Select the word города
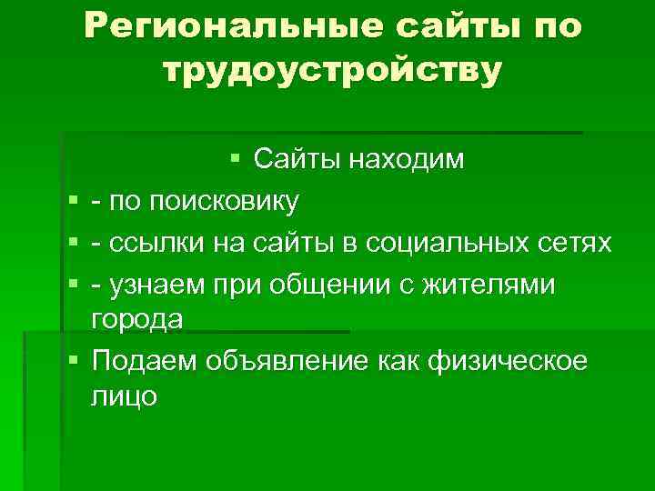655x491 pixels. pyautogui.click(x=137, y=319)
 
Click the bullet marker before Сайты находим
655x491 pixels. pyautogui.click(x=236, y=160)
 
